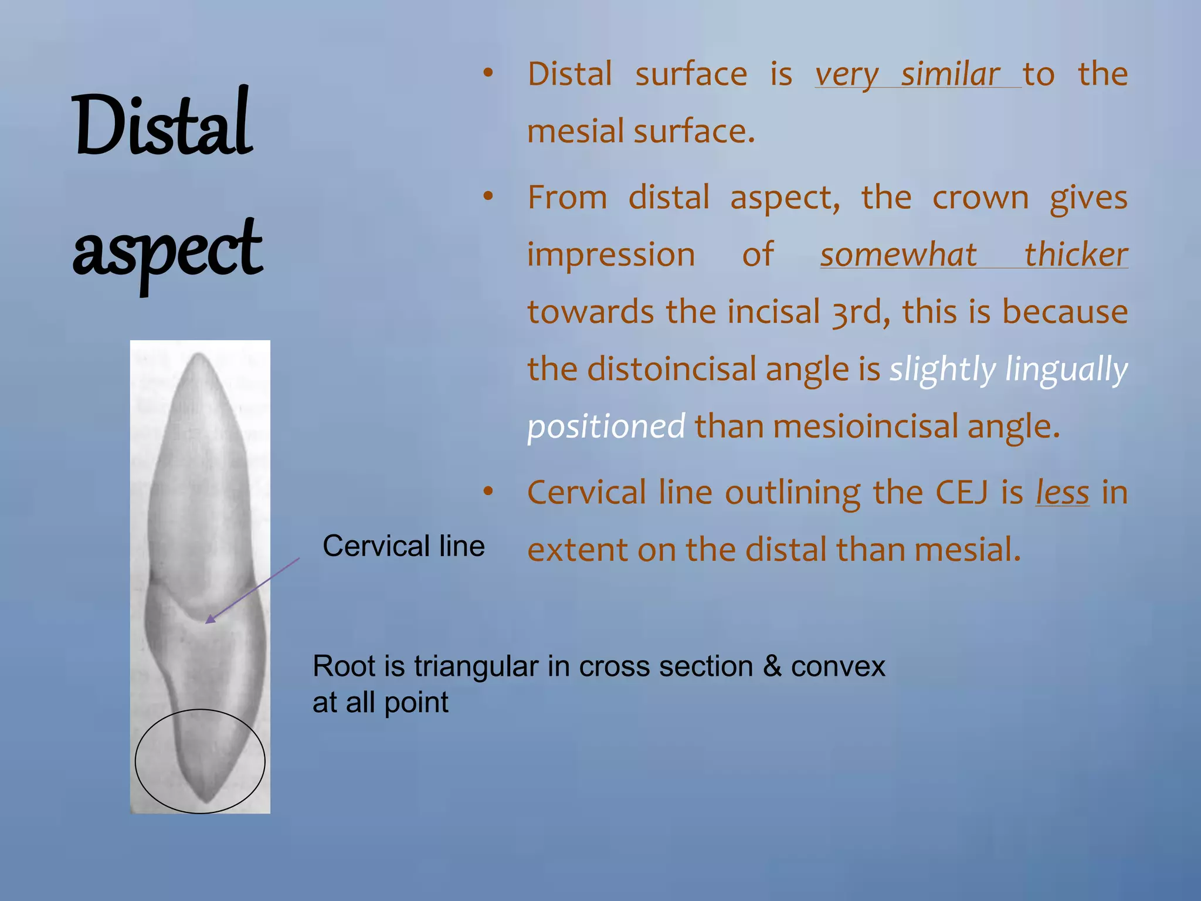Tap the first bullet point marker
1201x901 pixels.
pyautogui.click(x=488, y=73)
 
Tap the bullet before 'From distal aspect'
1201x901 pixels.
pyautogui.click(x=488, y=197)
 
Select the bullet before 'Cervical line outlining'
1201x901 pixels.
pyautogui.click(x=488, y=492)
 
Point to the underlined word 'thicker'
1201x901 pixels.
pyautogui.click(x=1076, y=255)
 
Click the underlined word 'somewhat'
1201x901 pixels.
pyautogui.click(x=898, y=255)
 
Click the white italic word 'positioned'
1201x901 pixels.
pyautogui.click(x=606, y=426)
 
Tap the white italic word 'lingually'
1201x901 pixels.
pyautogui.click(x=1066, y=370)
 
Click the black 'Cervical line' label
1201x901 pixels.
pyautogui.click(x=403, y=546)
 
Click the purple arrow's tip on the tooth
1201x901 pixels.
pyautogui.click(x=208, y=622)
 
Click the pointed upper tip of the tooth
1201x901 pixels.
pyautogui.click(x=199, y=354)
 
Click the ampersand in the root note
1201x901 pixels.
pyautogui.click(x=772, y=666)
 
